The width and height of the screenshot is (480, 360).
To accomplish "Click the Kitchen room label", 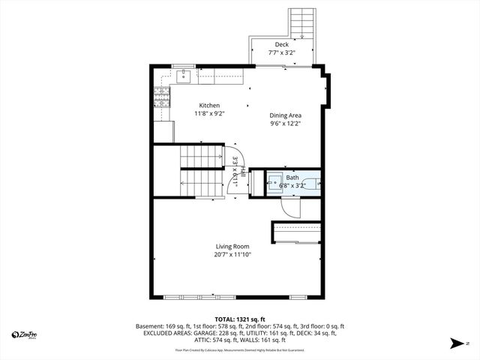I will tap(209, 105).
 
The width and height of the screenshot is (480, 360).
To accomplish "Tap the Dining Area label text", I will tap(285, 115).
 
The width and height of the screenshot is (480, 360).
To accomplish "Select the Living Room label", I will tap(232, 246).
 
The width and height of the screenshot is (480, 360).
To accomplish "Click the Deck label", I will tap(281, 45).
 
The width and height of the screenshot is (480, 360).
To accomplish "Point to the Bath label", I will tap(292, 177).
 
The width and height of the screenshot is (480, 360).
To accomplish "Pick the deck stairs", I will tap(301, 22).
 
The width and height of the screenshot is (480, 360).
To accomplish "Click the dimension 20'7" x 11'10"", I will tap(232, 255).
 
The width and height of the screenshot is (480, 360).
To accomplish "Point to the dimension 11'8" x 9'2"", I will tap(209, 113).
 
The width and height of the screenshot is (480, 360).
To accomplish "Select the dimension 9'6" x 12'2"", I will tap(285, 124).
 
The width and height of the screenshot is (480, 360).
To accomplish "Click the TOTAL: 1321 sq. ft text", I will tap(240, 319).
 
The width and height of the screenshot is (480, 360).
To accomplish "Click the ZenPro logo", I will tap(25, 334).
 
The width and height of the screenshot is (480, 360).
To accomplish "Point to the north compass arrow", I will tap(457, 343).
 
